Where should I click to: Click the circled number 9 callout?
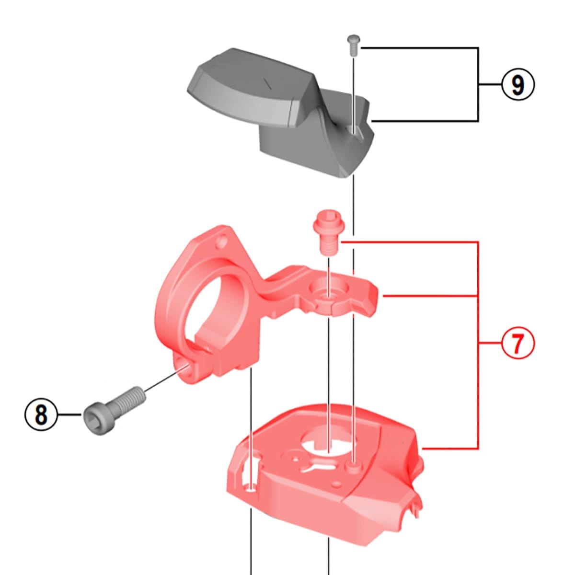pyautogui.click(x=517, y=85)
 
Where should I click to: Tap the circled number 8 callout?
pyautogui.click(x=41, y=414)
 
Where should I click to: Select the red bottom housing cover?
pyautogui.click(x=326, y=479)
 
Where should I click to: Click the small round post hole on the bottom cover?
pyautogui.click(x=354, y=465)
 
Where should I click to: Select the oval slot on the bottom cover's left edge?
pyautogui.click(x=250, y=474)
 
